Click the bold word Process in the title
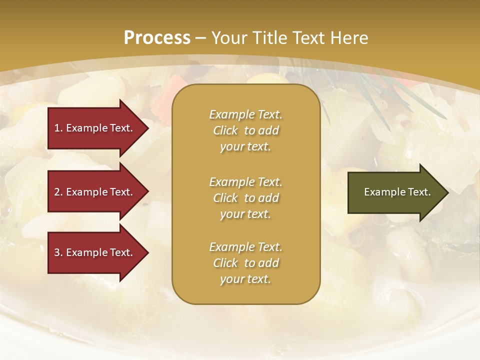pos(157,37)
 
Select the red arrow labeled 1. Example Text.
pos(95,128)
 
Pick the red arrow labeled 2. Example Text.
pos(95,192)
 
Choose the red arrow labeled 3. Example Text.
pos(95,252)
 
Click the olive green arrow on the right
pos(395,192)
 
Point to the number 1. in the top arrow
pos(58,128)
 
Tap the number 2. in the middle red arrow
pos(58,192)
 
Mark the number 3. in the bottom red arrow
pos(58,252)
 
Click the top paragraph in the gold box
pos(245,130)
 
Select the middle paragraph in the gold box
pos(245,198)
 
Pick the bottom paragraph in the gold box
pos(245,263)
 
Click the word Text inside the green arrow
pos(419,192)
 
